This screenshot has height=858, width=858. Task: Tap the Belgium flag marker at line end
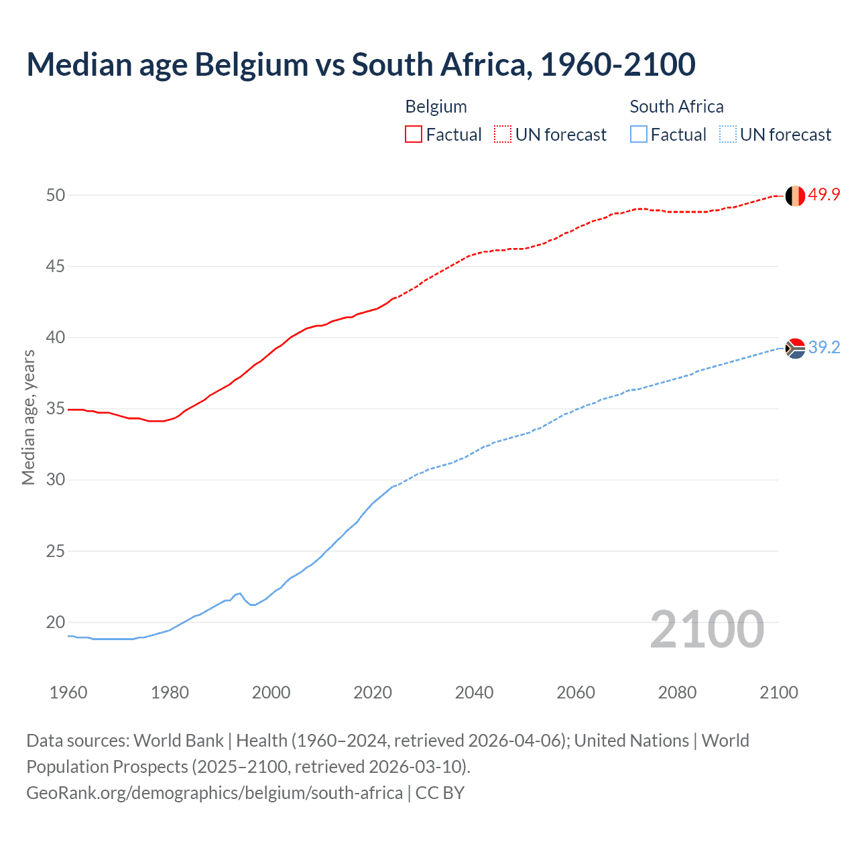click(795, 196)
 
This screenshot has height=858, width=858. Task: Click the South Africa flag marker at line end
click(795, 349)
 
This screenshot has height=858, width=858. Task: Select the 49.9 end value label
click(824, 194)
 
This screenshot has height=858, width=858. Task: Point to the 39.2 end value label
click(824, 347)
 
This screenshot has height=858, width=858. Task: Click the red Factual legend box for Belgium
click(414, 134)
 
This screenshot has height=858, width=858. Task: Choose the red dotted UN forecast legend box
click(503, 134)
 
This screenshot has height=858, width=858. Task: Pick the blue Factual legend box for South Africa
click(639, 134)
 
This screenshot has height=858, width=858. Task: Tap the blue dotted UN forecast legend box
click(728, 134)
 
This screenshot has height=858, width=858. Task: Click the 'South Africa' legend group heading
click(676, 107)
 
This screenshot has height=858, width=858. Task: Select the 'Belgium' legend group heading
click(436, 107)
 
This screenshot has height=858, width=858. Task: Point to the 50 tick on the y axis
click(56, 195)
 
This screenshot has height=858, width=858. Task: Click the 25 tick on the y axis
click(56, 551)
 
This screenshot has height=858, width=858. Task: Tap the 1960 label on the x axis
click(68, 692)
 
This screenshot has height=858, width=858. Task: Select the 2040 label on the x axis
click(474, 692)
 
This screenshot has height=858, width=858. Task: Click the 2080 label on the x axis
click(677, 692)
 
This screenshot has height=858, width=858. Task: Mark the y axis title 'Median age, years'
click(28, 417)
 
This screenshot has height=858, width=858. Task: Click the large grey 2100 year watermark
click(707, 629)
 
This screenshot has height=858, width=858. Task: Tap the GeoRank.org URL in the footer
click(214, 793)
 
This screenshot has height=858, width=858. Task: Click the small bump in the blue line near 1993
click(239, 594)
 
